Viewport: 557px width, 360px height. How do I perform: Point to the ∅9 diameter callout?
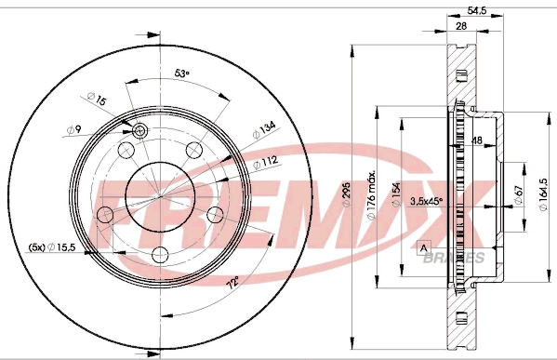click(73, 129)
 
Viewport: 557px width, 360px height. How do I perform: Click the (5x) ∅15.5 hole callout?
click(51, 247)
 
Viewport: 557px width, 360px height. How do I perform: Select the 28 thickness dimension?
click(461, 28)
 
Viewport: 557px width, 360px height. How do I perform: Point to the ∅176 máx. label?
click(370, 197)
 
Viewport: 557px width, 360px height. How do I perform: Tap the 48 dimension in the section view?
click(476, 141)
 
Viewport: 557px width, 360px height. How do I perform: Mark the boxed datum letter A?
click(424, 247)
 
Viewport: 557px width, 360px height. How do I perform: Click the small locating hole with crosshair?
click(140, 130)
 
